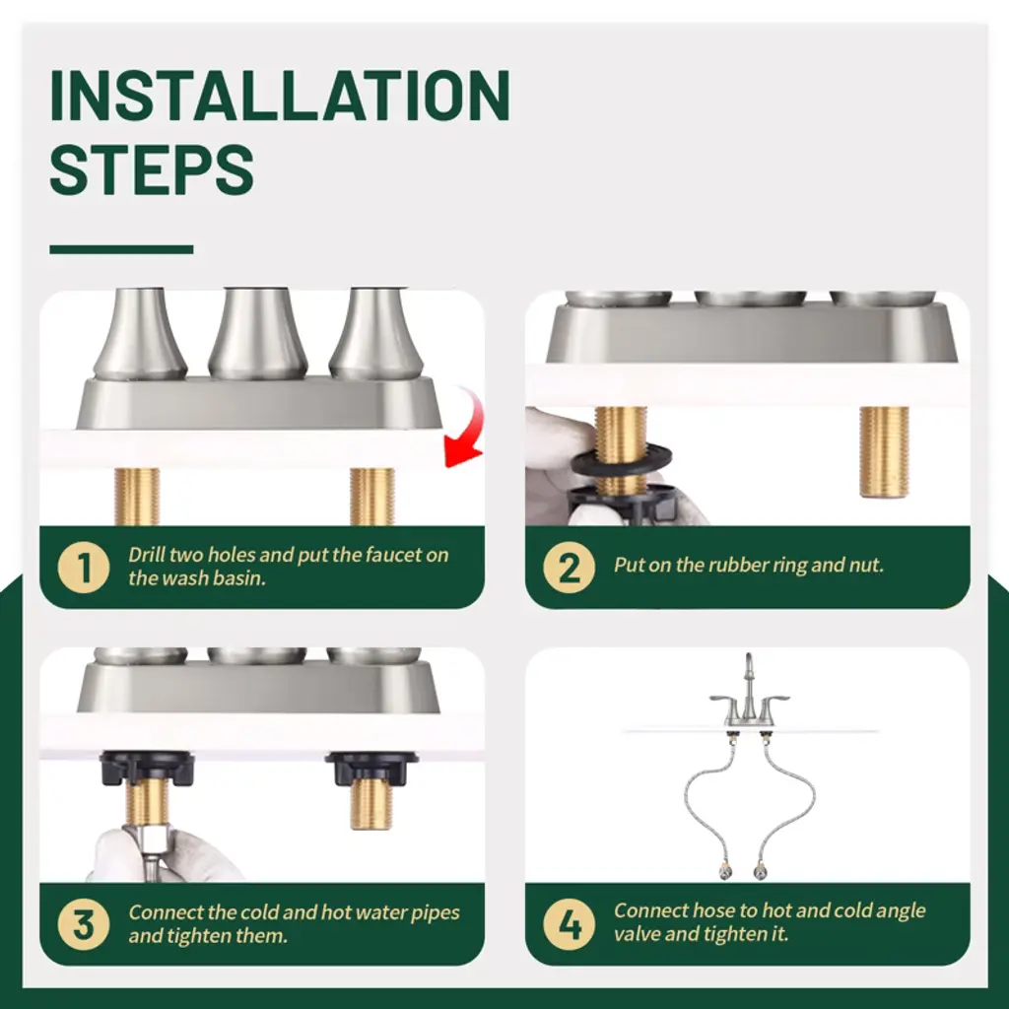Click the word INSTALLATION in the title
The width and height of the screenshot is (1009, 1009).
click(x=280, y=96)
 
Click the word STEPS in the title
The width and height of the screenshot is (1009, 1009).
click(x=151, y=169)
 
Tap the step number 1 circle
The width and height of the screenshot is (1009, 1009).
click(x=84, y=568)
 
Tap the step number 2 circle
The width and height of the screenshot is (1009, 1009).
click(x=569, y=568)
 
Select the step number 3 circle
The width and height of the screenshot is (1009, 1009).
click(x=84, y=924)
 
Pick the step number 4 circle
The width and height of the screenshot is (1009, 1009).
click(x=569, y=924)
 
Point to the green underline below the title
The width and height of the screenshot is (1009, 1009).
click(x=121, y=249)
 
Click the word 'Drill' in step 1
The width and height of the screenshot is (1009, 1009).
click(x=147, y=555)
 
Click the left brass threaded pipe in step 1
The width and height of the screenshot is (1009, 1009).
click(x=136, y=497)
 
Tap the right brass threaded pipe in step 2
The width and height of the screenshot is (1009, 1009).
click(x=885, y=451)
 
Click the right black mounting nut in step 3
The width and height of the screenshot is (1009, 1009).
click(x=371, y=768)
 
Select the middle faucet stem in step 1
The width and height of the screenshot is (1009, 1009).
click(x=257, y=334)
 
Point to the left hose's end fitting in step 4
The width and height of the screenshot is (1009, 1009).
click(x=725, y=871)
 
